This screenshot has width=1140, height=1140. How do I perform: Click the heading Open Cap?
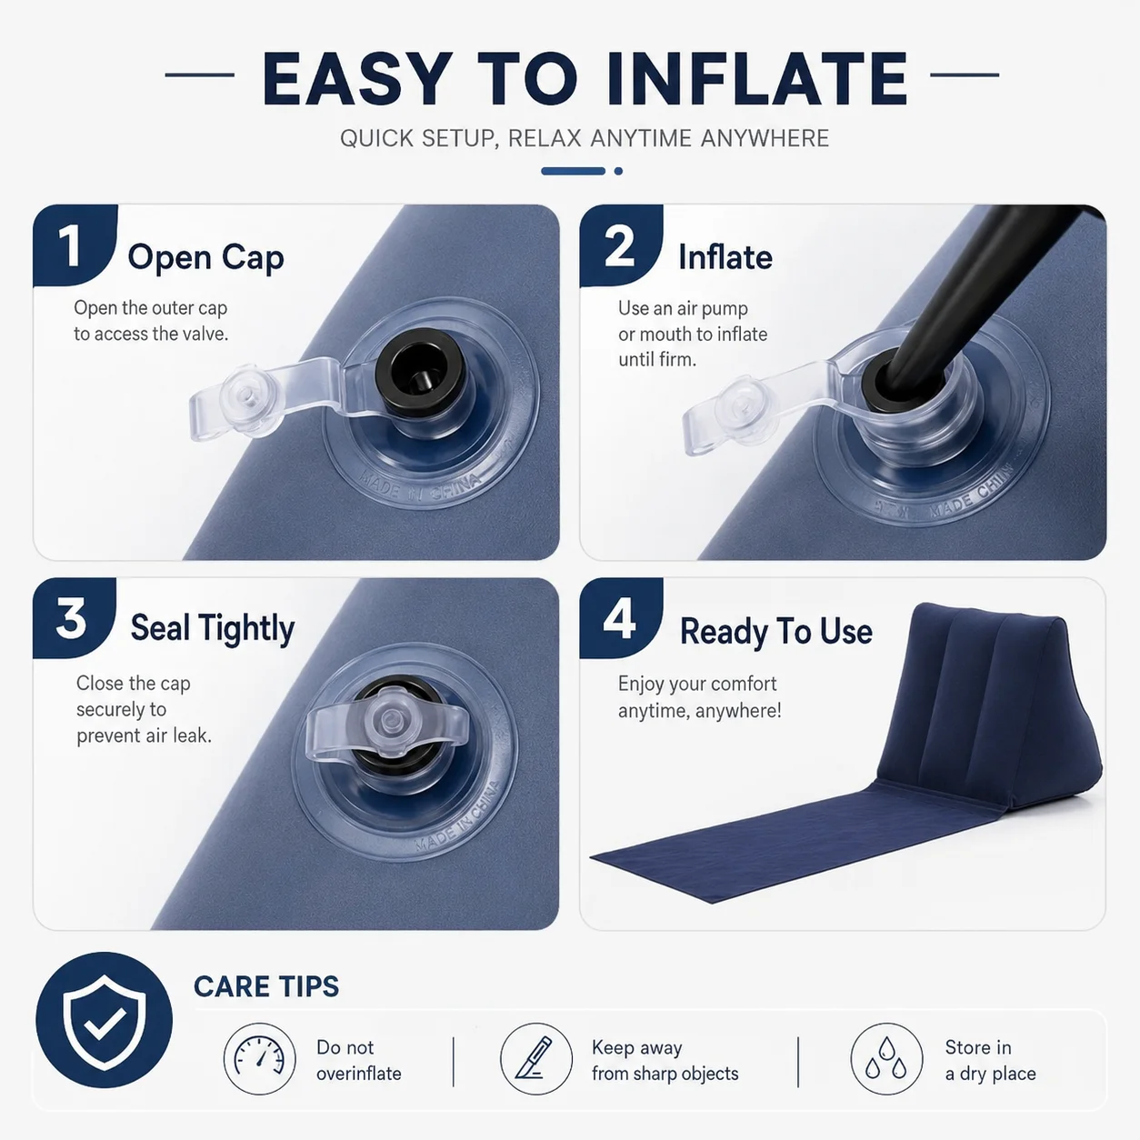[205, 258]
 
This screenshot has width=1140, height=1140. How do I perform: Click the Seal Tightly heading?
[213, 628]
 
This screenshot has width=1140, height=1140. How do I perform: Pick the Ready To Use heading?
[776, 631]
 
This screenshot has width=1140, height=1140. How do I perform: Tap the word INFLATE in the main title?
[757, 79]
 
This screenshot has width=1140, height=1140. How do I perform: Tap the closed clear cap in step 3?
[387, 720]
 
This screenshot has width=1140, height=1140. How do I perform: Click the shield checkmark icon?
[105, 1020]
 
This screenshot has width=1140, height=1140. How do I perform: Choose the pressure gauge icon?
[259, 1059]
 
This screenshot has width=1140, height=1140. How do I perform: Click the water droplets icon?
[886, 1059]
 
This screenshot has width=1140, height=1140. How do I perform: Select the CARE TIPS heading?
[266, 986]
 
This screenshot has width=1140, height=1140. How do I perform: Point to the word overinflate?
[358, 1073]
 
